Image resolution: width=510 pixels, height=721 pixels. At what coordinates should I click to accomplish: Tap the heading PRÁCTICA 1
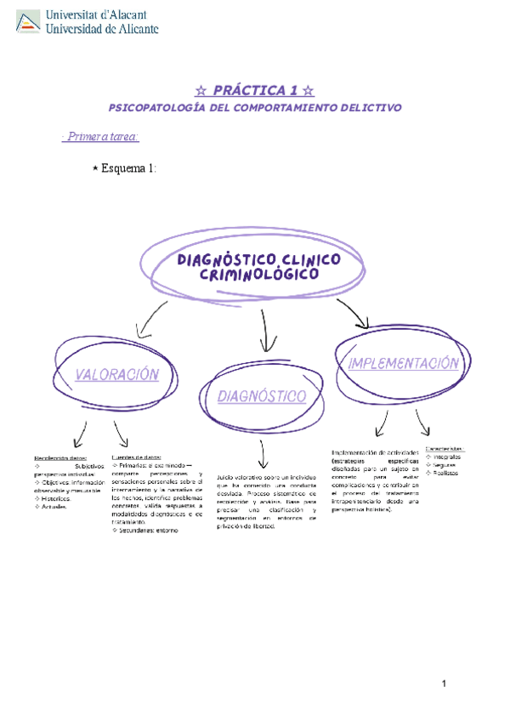pos(255,89)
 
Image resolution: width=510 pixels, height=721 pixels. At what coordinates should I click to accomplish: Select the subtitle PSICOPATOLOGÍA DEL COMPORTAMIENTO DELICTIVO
pos(255,108)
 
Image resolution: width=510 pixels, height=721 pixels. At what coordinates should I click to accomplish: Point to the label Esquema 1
pos(128,168)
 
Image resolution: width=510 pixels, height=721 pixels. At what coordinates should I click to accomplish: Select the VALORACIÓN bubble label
pos(116,374)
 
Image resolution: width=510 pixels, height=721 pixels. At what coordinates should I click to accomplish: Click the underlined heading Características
pos(445,448)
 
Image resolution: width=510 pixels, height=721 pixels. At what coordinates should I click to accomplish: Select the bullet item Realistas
pos(446,473)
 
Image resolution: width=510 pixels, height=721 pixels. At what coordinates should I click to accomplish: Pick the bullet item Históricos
pos(53,498)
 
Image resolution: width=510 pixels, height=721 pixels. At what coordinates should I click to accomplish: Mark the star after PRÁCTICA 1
pos(309,89)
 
